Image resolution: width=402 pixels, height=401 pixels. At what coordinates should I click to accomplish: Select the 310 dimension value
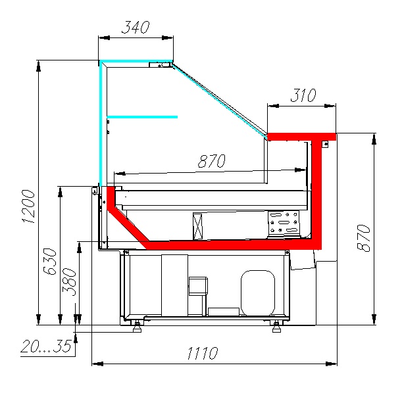(x=303, y=95)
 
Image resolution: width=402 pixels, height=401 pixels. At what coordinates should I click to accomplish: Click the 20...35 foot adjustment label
(x=46, y=346)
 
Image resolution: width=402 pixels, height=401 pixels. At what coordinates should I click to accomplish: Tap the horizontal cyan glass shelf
(x=142, y=117)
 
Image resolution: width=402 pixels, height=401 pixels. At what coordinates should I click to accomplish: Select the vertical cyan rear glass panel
(x=101, y=125)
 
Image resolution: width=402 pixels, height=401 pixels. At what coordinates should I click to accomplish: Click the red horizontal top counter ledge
(x=301, y=136)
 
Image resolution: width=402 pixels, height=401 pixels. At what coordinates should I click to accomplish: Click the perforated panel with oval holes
(x=283, y=224)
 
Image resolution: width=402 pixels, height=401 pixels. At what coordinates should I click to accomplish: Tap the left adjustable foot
(x=138, y=325)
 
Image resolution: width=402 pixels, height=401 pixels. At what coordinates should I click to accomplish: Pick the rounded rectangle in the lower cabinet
(x=257, y=291)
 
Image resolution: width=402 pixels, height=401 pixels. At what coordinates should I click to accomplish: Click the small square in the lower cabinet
(x=197, y=285)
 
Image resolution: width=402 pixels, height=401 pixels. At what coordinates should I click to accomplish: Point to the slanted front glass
(x=220, y=100)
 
